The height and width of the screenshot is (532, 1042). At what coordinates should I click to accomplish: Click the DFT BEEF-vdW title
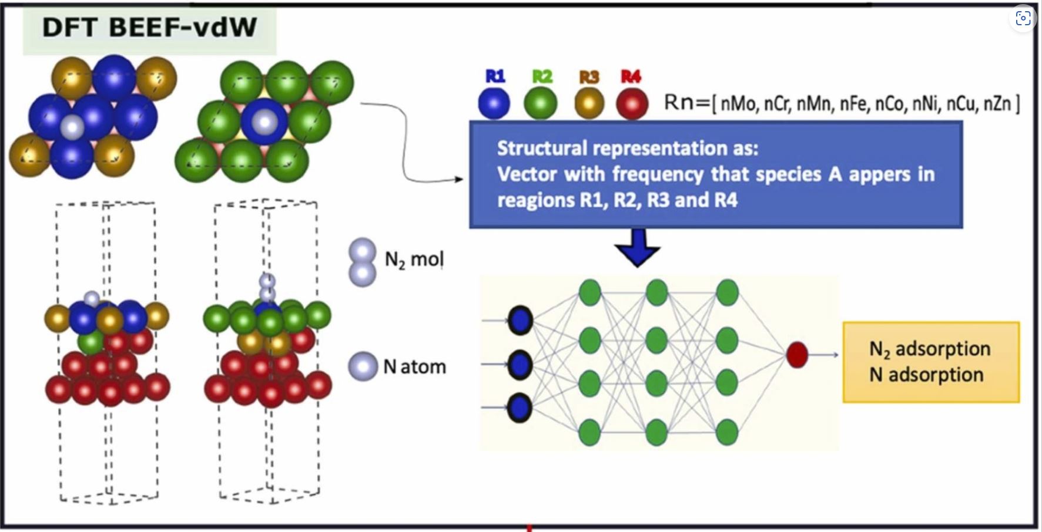pyautogui.click(x=149, y=28)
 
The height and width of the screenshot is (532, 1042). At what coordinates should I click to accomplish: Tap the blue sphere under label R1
pyautogui.click(x=494, y=103)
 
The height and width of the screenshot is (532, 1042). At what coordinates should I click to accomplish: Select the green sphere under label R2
pyautogui.click(x=541, y=103)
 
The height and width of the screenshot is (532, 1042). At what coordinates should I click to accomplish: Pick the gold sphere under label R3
pyautogui.click(x=588, y=103)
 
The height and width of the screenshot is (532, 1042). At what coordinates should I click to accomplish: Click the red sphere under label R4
pyautogui.click(x=632, y=103)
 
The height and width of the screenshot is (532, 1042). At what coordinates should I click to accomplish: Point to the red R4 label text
pyautogui.click(x=631, y=76)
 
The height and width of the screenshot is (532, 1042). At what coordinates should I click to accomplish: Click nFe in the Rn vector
pyautogui.click(x=854, y=104)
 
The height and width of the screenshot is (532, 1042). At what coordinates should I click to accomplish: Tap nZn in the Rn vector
pyautogui.click(x=997, y=104)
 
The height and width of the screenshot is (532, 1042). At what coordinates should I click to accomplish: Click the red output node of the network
pyautogui.click(x=797, y=355)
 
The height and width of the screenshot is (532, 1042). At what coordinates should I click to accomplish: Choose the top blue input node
pyautogui.click(x=520, y=321)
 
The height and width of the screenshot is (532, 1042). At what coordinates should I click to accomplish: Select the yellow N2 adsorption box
pyautogui.click(x=930, y=362)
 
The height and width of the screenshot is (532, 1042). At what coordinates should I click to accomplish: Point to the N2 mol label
pyautogui.click(x=414, y=259)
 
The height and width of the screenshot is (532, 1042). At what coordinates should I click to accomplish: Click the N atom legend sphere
pyautogui.click(x=363, y=366)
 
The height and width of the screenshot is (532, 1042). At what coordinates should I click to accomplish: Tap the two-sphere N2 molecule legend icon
pyautogui.click(x=363, y=262)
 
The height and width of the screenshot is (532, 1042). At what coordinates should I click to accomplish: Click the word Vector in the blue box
pyautogui.click(x=527, y=174)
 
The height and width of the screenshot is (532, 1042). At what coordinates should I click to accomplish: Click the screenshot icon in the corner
pyautogui.click(x=1023, y=18)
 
